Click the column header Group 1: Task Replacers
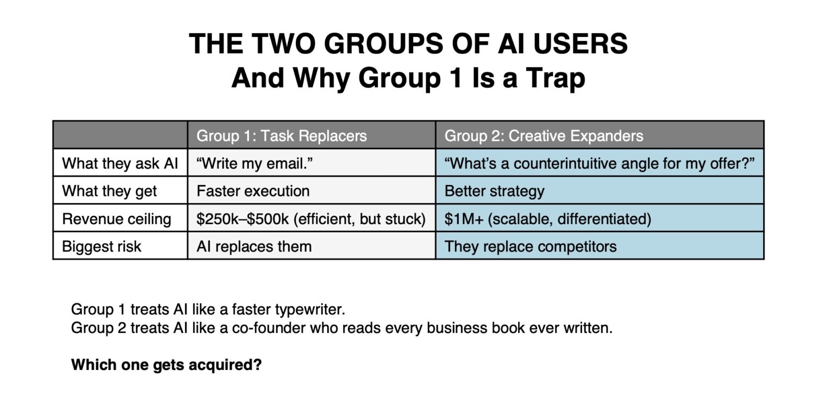pos(281,135)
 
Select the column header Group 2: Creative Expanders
pos(544,135)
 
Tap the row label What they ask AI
pos(120,163)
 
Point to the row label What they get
pos(109,191)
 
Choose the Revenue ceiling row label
pos(116,219)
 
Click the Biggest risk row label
pos(102,246)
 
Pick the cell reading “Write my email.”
pos(254,163)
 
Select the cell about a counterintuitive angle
pos(600,163)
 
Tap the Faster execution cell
pos(253,191)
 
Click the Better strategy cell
pos(494,191)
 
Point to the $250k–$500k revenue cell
pos(311,219)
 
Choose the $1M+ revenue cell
pos(547,219)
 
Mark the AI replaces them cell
pos(254,246)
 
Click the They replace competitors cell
pos(531,246)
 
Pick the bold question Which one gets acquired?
pos(166,365)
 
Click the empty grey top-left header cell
pos(120,135)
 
